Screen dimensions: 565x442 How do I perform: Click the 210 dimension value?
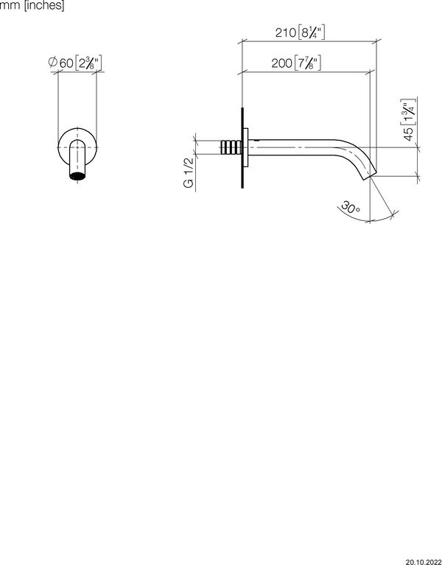tap(284, 34)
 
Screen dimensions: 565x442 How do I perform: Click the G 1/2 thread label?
tap(189, 174)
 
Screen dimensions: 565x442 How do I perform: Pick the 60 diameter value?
tap(66, 64)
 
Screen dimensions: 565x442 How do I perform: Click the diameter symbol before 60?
tap(52, 64)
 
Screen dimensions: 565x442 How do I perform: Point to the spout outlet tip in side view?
tap(369, 178)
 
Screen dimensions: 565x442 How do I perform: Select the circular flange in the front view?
tap(77, 150)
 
